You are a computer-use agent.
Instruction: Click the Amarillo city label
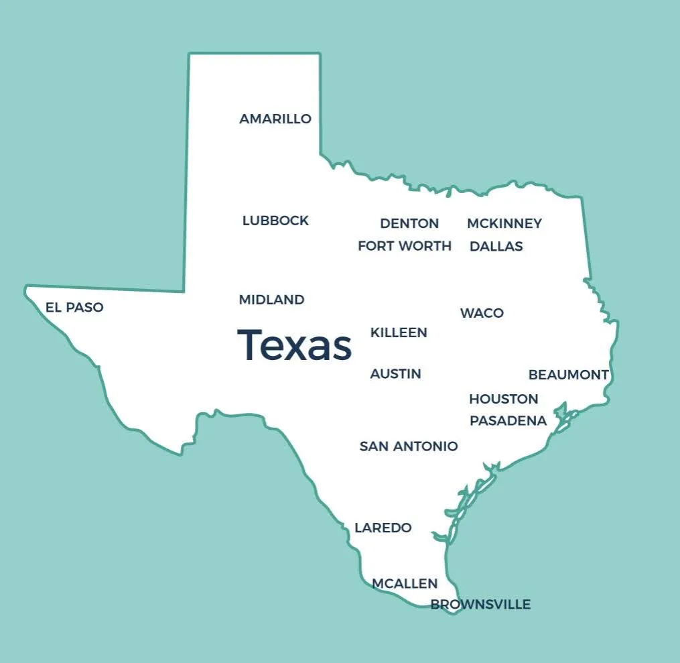(x=275, y=119)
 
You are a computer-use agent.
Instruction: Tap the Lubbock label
(x=275, y=221)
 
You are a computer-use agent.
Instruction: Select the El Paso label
(x=74, y=308)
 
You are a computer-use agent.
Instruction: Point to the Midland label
(x=271, y=300)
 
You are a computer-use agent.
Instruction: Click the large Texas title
(x=295, y=345)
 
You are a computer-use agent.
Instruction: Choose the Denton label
(x=409, y=223)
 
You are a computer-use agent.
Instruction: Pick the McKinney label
(x=504, y=223)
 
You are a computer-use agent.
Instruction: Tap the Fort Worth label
(x=405, y=246)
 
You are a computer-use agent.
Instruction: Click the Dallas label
(x=496, y=246)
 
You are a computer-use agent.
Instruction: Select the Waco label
(x=482, y=313)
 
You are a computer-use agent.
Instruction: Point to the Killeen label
(x=399, y=333)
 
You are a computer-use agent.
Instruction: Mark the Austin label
(x=395, y=373)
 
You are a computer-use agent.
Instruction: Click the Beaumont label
(x=568, y=375)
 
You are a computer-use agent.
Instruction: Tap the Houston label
(x=503, y=399)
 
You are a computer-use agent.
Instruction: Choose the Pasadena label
(x=508, y=421)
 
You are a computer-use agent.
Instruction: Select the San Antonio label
(x=409, y=446)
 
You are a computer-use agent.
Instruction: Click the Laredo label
(x=383, y=528)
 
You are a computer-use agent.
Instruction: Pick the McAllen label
(x=405, y=584)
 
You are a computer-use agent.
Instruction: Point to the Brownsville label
(x=480, y=605)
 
